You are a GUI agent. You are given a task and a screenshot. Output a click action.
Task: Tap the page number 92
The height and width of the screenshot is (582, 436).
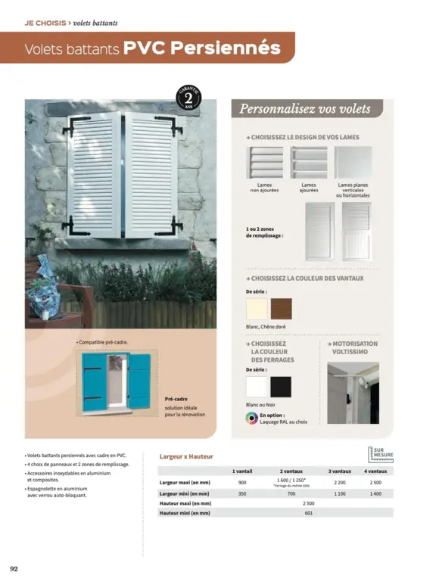point(14,568)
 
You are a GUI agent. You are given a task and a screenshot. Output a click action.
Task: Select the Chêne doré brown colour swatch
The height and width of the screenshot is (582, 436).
point(281,309)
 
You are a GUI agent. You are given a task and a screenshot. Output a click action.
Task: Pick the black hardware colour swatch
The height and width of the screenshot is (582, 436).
point(281,387)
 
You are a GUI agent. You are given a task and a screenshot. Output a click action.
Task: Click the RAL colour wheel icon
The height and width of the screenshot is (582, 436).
point(251,418)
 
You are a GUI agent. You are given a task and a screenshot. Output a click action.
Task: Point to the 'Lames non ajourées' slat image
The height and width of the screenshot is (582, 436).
point(264,162)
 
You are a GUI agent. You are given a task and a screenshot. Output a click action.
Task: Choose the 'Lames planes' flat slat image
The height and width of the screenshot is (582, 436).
point(353,162)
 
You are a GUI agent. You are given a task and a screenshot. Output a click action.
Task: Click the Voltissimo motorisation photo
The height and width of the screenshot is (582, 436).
point(353,393)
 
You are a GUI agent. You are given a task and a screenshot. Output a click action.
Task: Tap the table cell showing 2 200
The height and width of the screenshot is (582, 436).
point(340,482)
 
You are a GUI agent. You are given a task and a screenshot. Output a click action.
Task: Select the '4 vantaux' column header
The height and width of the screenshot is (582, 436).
point(376,471)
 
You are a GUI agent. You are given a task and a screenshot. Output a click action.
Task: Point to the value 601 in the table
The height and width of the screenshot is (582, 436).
point(308,513)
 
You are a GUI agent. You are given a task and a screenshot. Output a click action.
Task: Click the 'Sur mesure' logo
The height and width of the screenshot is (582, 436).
point(381,453)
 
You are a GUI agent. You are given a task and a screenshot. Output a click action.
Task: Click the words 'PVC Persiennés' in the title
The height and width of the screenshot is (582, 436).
point(201,48)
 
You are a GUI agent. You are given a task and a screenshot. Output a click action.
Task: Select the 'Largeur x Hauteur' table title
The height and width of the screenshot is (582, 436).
point(186,456)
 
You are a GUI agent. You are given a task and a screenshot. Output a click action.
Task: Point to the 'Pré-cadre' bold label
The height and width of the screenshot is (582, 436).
point(176,398)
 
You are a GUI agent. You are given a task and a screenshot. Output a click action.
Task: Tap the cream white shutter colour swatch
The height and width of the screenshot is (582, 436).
point(257,309)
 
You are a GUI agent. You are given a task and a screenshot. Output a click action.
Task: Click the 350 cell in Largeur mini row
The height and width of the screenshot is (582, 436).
point(242,493)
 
